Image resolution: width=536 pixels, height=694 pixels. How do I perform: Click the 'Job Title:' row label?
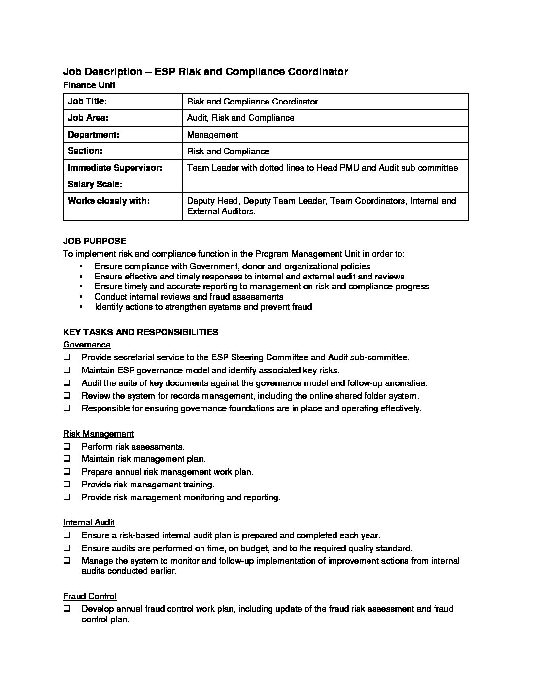coord(87,102)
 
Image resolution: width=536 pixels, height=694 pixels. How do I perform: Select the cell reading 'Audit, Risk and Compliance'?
coord(240,118)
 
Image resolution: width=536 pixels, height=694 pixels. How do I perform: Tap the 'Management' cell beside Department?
coord(212,135)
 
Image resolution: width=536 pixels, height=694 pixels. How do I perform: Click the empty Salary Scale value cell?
coord(325,184)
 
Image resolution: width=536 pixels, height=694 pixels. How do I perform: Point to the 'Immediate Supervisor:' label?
coord(115,168)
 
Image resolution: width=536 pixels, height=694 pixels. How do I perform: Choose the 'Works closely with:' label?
coord(108,201)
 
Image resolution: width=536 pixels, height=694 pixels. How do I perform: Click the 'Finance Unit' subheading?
coord(89,85)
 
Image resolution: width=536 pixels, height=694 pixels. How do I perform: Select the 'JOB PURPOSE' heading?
coord(95,241)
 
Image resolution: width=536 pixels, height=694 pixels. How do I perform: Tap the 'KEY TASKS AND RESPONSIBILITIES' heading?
coord(140,332)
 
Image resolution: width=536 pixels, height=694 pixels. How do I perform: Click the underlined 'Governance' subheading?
coord(87,345)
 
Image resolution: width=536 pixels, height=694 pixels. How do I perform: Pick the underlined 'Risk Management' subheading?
coord(98,434)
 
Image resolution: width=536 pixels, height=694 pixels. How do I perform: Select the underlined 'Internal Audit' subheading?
coord(89,522)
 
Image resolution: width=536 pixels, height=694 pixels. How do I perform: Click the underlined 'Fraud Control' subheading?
coord(90,596)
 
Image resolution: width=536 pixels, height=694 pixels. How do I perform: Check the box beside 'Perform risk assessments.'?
coord(67,447)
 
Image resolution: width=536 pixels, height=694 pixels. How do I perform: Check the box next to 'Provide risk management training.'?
coord(67,485)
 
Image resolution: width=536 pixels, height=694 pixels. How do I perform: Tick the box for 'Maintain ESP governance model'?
coord(67,370)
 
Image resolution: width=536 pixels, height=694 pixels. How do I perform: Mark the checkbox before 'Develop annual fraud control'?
coord(67,609)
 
